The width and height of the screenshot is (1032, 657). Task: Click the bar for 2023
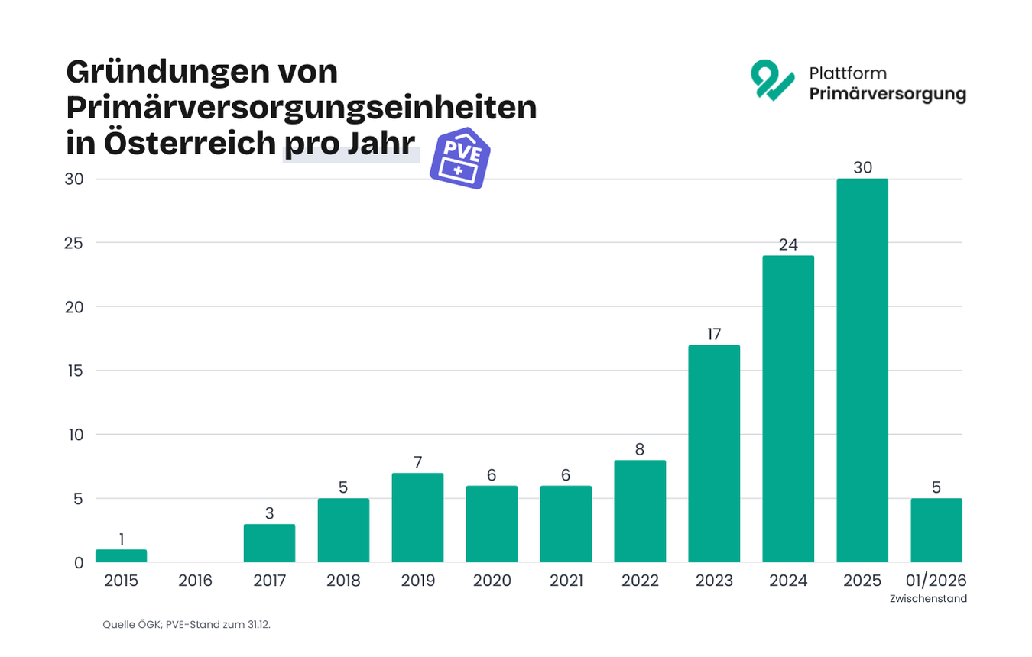pyautogui.click(x=714, y=454)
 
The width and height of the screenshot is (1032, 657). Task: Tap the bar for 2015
pyautogui.click(x=121, y=556)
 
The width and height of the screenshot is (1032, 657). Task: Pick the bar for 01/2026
pyautogui.click(x=936, y=530)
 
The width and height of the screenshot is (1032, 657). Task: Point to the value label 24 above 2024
pyautogui.click(x=788, y=245)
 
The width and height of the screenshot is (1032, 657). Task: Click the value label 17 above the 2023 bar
pyautogui.click(x=714, y=335)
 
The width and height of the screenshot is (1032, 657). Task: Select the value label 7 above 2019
pyautogui.click(x=417, y=462)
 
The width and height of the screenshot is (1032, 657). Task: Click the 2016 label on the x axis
pyautogui.click(x=195, y=581)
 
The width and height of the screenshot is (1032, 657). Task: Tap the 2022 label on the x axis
pyautogui.click(x=640, y=581)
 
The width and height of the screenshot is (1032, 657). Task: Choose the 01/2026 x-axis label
pyautogui.click(x=936, y=581)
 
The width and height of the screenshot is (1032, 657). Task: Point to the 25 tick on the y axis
pyautogui.click(x=75, y=243)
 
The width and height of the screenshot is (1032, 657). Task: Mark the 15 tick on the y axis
pyautogui.click(x=75, y=371)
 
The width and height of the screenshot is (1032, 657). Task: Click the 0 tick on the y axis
pyautogui.click(x=79, y=563)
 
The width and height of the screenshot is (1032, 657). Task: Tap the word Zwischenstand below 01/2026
pyautogui.click(x=928, y=599)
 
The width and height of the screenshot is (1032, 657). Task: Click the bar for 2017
pyautogui.click(x=269, y=543)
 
